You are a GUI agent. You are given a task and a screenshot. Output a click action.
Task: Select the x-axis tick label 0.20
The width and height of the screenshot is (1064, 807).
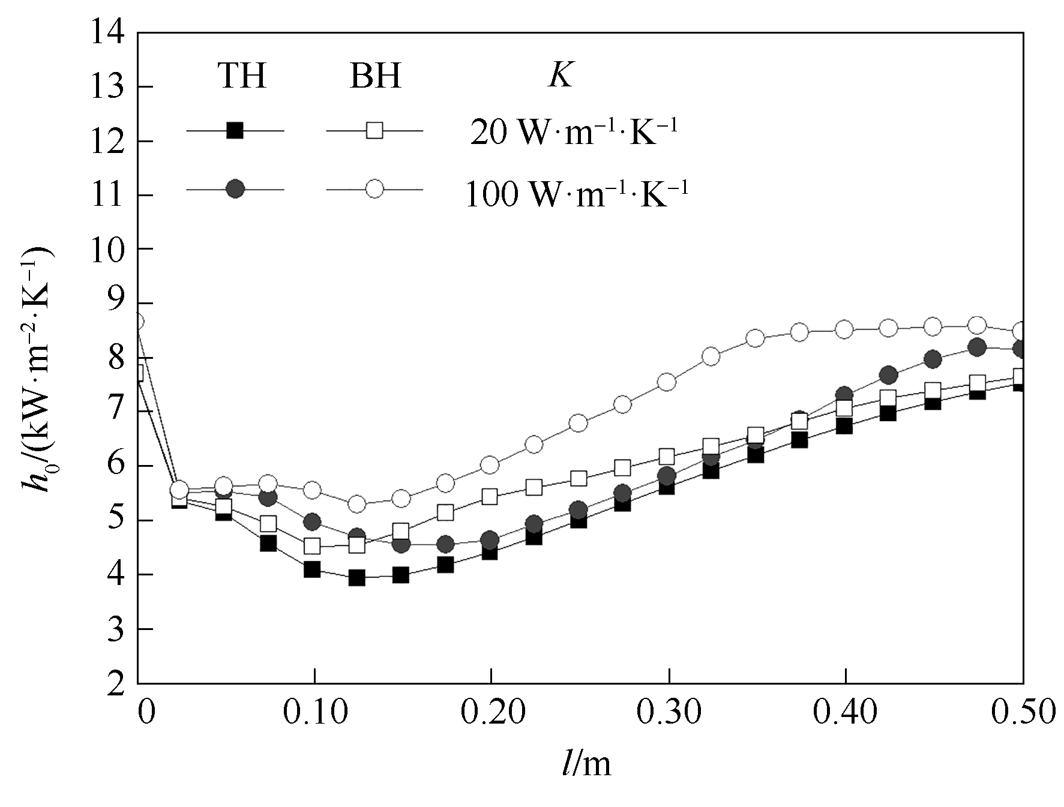[490, 713]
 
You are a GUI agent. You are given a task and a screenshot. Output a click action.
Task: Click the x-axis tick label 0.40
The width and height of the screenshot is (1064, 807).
[844, 713]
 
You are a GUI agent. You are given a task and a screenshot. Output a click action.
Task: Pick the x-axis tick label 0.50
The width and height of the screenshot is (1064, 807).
[1022, 713]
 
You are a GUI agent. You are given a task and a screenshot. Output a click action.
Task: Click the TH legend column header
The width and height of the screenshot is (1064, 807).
[241, 76]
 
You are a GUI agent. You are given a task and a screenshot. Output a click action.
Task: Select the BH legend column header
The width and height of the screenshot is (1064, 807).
[375, 76]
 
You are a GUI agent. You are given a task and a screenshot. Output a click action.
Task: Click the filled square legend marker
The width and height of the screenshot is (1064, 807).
[235, 130]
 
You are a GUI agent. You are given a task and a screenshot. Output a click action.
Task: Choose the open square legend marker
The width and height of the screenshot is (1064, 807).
[374, 130]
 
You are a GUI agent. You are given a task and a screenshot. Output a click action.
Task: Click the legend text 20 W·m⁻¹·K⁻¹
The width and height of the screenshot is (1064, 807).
[573, 133]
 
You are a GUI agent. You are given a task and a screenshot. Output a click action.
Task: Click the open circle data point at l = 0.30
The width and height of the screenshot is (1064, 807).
[667, 382]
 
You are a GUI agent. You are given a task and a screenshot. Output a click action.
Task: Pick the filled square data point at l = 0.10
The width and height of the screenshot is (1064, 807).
[312, 569]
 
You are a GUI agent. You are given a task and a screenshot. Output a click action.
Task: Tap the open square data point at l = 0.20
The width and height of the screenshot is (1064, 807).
[490, 497]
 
